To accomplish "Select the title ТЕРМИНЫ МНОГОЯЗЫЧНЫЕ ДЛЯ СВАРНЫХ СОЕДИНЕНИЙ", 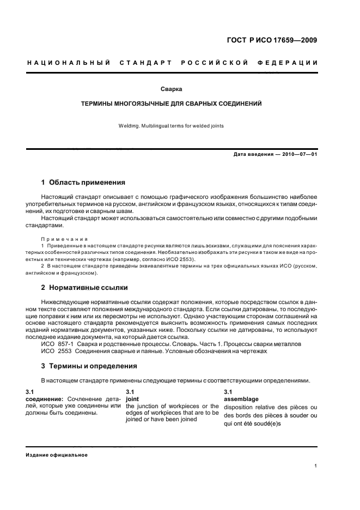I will click(172, 102).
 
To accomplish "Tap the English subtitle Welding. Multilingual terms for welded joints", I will click(172, 126).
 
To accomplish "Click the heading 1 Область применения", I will click(83, 182).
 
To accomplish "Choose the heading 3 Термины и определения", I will click(89, 366).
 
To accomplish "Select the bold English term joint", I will click(132, 399).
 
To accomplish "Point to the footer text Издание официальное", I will click(57, 455).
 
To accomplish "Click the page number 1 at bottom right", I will click(316, 465).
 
